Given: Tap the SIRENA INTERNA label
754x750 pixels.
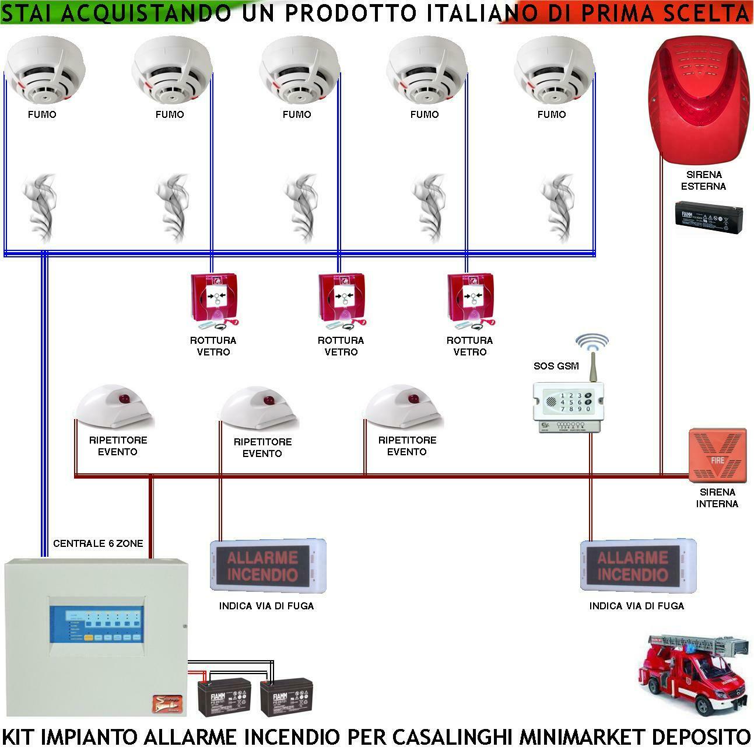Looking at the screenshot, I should [717, 498].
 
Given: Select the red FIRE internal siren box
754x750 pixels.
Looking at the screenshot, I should [717, 455].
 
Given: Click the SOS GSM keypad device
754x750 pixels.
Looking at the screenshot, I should [566, 403].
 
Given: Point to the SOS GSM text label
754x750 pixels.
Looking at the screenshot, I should [556, 366].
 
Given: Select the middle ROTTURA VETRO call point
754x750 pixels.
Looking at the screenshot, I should [342, 299].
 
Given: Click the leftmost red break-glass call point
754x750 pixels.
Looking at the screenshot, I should [214, 299].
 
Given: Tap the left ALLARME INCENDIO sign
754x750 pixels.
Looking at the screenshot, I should [268, 566].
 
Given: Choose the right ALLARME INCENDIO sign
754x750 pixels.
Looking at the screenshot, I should [637, 566].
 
